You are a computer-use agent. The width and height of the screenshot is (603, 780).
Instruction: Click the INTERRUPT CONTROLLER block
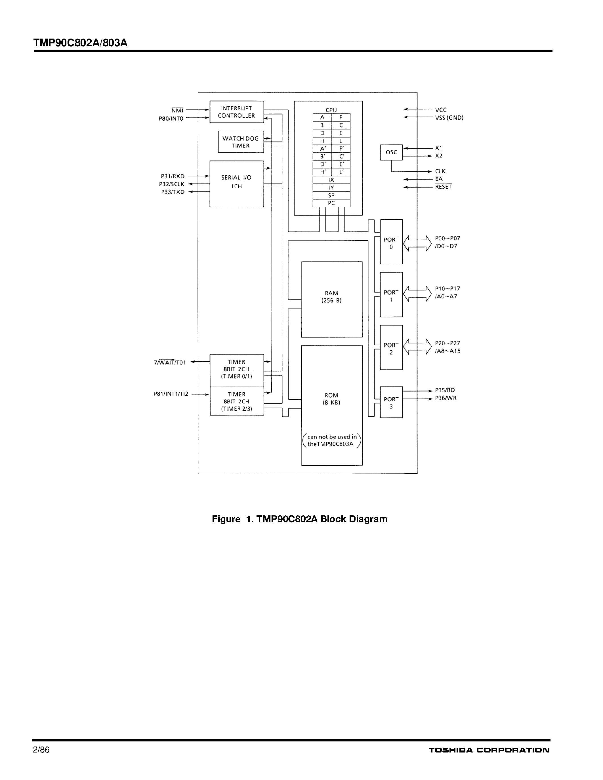pos(236,112)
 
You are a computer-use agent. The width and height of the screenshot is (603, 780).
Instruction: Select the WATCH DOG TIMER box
pos(240,142)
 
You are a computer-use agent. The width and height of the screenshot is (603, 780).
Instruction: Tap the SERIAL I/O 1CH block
pos(236,184)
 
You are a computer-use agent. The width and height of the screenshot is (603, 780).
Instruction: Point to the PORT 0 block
pos(391,242)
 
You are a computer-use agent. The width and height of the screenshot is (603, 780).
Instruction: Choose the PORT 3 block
pos(391,402)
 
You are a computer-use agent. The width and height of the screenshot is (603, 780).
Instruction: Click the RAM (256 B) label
pos(331,297)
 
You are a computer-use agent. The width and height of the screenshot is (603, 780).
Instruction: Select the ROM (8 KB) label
pos(331,399)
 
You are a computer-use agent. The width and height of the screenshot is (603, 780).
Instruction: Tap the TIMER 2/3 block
pos(236,401)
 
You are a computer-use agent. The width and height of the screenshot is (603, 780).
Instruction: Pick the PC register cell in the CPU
pos(331,203)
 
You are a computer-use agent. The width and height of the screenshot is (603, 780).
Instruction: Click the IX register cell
pos(331,180)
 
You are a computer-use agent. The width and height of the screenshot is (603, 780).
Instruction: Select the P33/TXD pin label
pos(173,192)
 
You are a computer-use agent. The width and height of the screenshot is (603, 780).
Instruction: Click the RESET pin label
pos(443,187)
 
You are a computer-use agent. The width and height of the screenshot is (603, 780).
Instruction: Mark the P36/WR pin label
pos(446,398)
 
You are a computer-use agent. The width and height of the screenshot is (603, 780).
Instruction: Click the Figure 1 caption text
pos(299,519)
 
